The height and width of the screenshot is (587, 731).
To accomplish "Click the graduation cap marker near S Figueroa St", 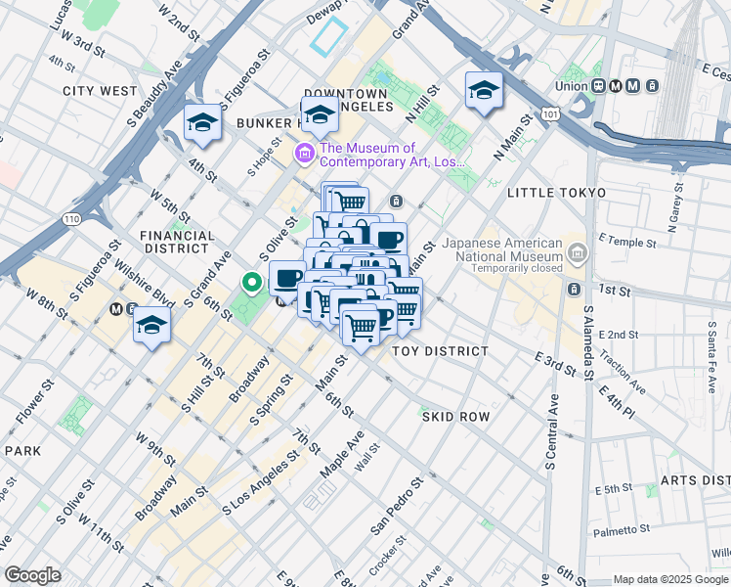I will point(201,123).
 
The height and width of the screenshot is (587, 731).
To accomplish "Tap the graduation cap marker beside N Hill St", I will point(484,91).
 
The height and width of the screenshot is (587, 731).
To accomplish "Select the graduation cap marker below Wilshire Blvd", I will point(152,326).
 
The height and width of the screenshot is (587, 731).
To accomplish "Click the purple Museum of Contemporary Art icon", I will point(304,154).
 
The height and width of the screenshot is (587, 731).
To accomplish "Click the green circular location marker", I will point(251,283).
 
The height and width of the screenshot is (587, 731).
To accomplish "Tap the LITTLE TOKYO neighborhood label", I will point(557,193).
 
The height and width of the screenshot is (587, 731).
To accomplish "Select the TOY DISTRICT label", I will point(440,351).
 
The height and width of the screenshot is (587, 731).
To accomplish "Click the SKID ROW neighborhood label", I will point(455,417).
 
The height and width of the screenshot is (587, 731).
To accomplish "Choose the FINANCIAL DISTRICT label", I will point(177,243).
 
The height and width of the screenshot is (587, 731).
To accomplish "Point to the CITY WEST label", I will point(100,91).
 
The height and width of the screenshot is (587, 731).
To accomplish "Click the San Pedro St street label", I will point(396,507).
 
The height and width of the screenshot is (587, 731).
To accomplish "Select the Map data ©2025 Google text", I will point(669,578).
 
